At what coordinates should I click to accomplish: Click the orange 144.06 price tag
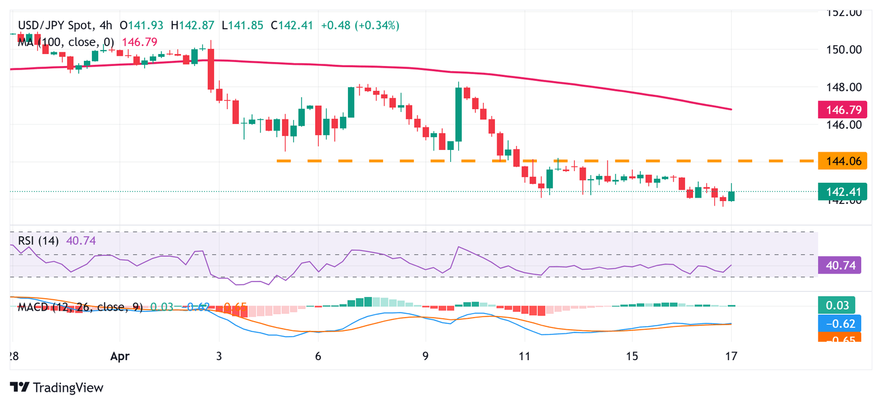click(842, 161)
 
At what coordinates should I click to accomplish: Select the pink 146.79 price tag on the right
click(842, 109)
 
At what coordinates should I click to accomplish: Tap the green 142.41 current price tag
click(842, 191)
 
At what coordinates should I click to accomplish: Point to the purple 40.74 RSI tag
click(840, 265)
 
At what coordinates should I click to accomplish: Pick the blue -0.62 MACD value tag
click(839, 323)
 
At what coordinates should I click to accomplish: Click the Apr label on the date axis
click(120, 356)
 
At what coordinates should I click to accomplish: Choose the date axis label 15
click(632, 356)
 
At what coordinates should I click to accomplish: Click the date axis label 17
click(731, 356)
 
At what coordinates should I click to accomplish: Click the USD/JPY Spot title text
click(55, 25)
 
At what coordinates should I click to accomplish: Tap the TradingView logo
click(57, 387)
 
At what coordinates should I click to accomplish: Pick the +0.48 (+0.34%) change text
click(360, 25)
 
